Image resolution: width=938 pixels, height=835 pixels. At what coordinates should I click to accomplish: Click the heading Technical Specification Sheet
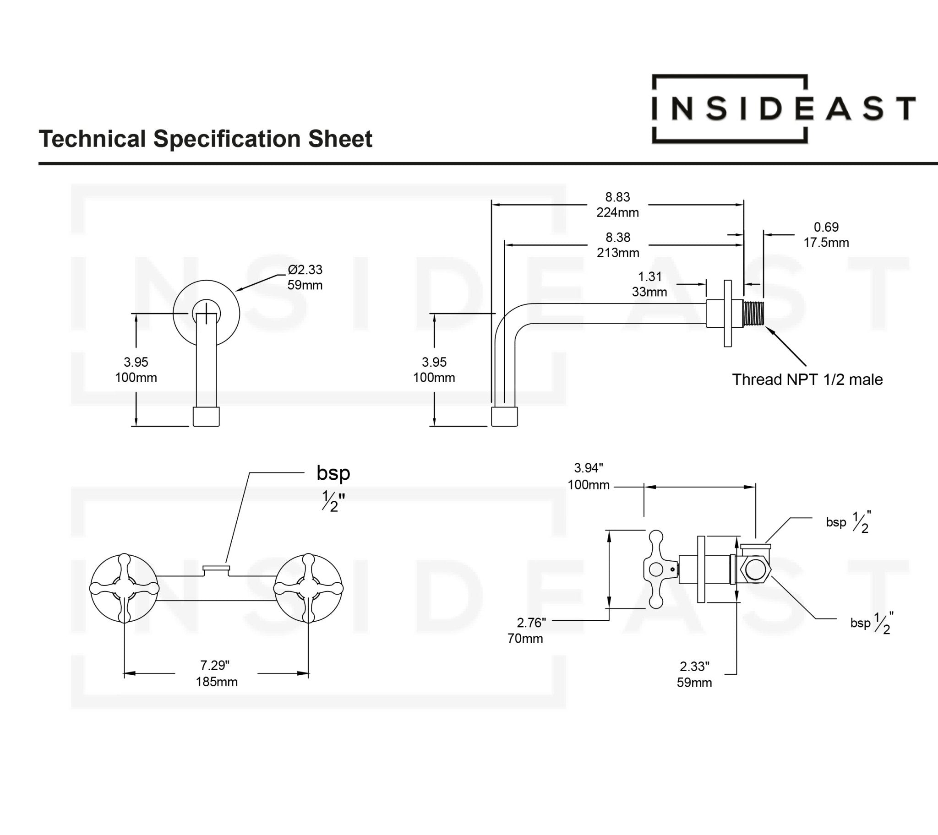click(x=205, y=139)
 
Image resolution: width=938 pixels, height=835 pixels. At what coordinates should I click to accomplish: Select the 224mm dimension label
click(x=617, y=212)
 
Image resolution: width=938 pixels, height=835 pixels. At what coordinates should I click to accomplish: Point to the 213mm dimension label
click(x=618, y=253)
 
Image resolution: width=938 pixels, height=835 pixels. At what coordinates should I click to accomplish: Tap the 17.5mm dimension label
click(x=826, y=243)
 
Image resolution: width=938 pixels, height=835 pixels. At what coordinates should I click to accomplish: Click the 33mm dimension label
click(x=649, y=292)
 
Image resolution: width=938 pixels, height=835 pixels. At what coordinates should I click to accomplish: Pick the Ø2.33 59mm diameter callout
click(x=305, y=277)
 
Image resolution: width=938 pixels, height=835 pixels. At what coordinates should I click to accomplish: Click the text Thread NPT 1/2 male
click(x=807, y=380)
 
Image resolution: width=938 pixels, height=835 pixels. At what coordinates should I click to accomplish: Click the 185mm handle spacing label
click(x=216, y=682)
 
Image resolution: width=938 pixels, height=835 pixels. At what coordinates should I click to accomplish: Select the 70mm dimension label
click(x=525, y=638)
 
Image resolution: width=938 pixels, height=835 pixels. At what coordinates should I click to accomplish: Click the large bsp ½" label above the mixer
click(x=333, y=488)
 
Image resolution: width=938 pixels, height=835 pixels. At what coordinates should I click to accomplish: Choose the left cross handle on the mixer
click(x=125, y=588)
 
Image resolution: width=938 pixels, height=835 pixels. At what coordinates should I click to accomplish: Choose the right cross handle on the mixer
click(x=308, y=588)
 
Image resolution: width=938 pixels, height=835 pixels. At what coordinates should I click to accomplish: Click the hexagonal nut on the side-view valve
click(x=755, y=569)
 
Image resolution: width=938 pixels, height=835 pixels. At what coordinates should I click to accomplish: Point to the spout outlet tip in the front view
click(x=206, y=417)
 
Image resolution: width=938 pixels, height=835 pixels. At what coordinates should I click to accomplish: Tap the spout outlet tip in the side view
click(x=504, y=417)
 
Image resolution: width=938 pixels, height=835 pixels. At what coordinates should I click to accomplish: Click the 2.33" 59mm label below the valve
click(x=694, y=674)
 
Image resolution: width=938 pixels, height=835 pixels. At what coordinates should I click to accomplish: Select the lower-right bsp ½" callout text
click(x=871, y=623)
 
